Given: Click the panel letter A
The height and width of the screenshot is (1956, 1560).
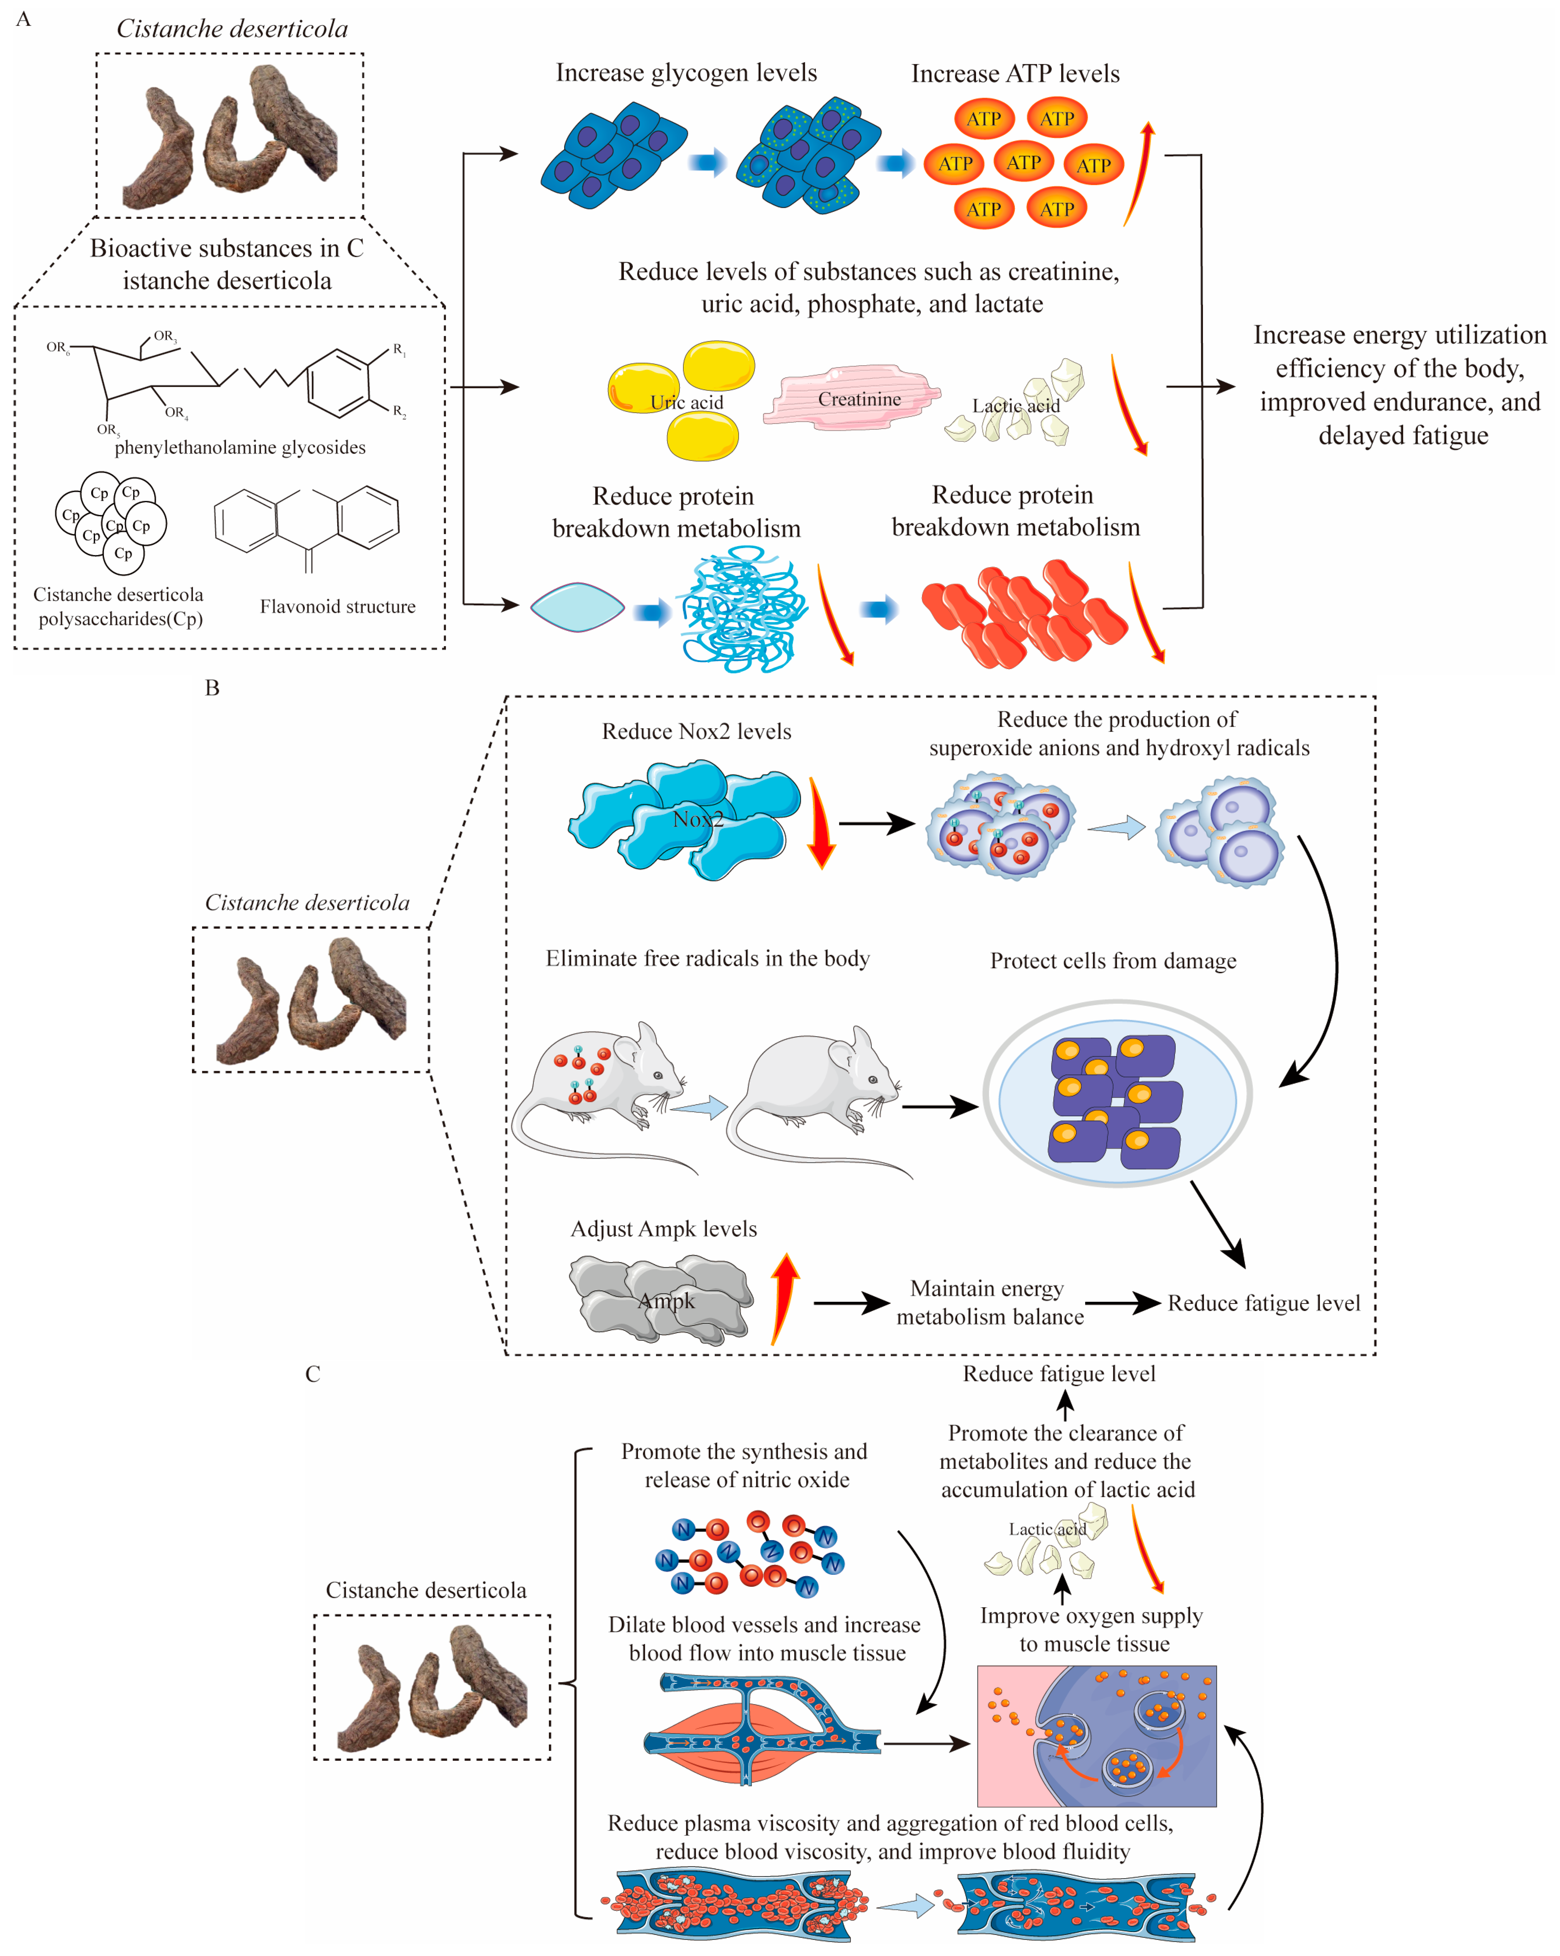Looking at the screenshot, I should pos(24,19).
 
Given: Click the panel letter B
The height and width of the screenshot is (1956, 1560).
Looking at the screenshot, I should pos(212,688).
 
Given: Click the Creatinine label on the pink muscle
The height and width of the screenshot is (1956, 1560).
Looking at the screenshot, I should pos(859,399).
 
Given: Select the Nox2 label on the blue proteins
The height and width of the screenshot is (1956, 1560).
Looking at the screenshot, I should pos(697,819).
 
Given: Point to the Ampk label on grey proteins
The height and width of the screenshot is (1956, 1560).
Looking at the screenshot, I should pos(667,1301).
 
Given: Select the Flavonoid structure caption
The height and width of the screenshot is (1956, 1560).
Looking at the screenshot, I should pos(337,606).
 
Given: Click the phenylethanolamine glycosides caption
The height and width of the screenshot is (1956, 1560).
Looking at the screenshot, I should pos(240,447).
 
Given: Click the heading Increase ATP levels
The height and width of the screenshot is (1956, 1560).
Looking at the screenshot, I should pos(1015,74).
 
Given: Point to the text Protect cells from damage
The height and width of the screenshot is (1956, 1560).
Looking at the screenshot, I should pos(1113,961).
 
